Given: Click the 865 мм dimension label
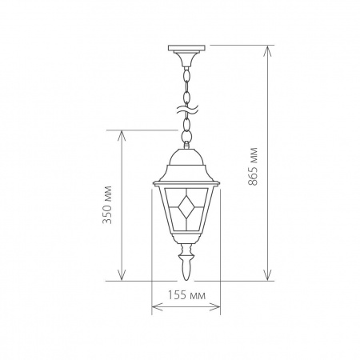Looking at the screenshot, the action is (253, 166).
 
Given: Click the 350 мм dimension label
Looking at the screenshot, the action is (107, 205).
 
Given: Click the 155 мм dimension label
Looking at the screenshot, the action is (186, 295).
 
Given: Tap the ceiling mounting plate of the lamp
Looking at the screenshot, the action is (186, 48).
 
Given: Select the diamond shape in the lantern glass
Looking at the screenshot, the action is (186, 206).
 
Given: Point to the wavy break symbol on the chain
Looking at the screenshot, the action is (186, 109).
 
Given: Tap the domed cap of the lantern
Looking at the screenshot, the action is (186, 157).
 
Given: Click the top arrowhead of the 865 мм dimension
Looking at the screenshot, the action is (267, 50).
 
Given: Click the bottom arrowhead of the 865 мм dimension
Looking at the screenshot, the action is (267, 275).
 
